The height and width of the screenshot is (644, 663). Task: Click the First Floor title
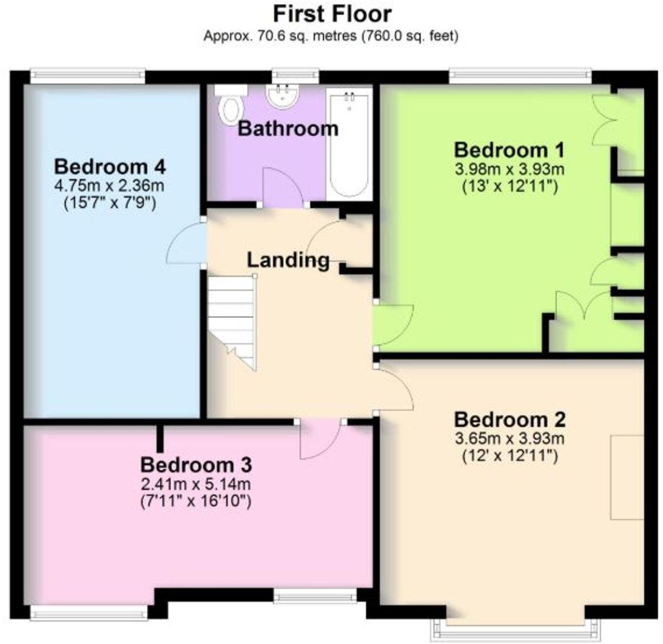coord(332,14)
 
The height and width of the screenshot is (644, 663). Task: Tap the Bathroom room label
coord(288,129)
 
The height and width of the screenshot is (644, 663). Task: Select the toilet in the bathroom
coord(231,108)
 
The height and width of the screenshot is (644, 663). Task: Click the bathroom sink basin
coord(283,96)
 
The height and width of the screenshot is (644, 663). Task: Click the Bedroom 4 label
coord(110,167)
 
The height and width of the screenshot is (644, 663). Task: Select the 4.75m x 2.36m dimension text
coord(110,185)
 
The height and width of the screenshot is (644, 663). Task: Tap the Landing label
coord(288,260)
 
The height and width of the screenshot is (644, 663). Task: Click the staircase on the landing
coord(232,317)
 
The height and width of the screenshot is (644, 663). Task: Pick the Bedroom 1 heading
coord(509,150)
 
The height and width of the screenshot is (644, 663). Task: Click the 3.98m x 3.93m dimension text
coord(509,169)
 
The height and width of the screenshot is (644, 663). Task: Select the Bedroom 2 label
coord(509,420)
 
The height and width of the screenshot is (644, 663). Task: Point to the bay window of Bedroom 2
coord(515,629)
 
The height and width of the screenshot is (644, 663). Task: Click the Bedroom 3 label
coord(196,465)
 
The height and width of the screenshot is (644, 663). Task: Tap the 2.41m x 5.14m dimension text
coord(196,484)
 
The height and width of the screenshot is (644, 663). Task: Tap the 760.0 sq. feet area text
coord(409,36)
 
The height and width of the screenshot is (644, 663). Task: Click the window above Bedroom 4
coord(88,76)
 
